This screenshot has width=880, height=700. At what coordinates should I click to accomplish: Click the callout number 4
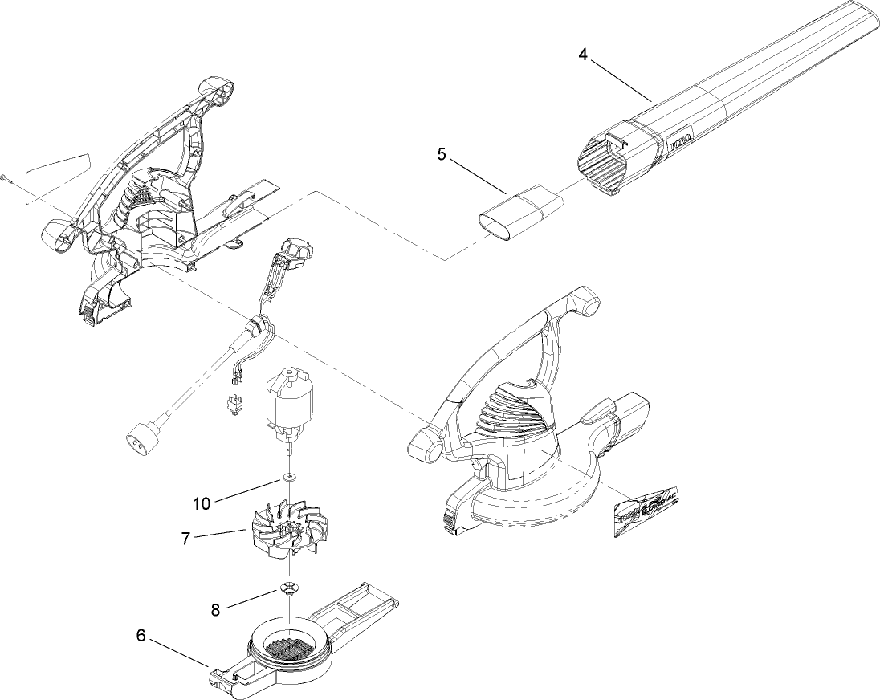583,55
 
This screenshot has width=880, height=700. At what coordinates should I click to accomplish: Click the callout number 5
442,154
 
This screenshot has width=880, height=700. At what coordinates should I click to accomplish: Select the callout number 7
185,539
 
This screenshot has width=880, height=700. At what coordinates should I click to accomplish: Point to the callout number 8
215,610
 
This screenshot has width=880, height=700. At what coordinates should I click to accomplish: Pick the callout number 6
141,636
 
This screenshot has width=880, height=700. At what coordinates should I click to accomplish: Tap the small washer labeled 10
287,479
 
